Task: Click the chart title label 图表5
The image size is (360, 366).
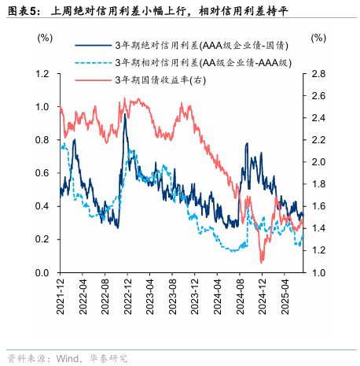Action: pyautogui.click(x=22, y=10)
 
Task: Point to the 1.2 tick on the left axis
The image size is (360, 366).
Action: pyautogui.click(x=42, y=74)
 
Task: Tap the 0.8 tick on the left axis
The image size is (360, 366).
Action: pyautogui.click(x=42, y=140)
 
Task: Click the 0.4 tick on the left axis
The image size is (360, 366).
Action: pyautogui.click(x=42, y=206)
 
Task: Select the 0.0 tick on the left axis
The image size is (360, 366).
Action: pyautogui.click(x=42, y=273)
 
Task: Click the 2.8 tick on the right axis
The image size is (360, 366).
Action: pyautogui.click(x=318, y=74)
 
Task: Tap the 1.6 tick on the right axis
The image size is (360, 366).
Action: pyautogui.click(x=318, y=206)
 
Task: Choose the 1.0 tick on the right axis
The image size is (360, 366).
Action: pyautogui.click(x=318, y=273)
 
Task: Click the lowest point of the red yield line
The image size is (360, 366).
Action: pyautogui.click(x=262, y=262)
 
